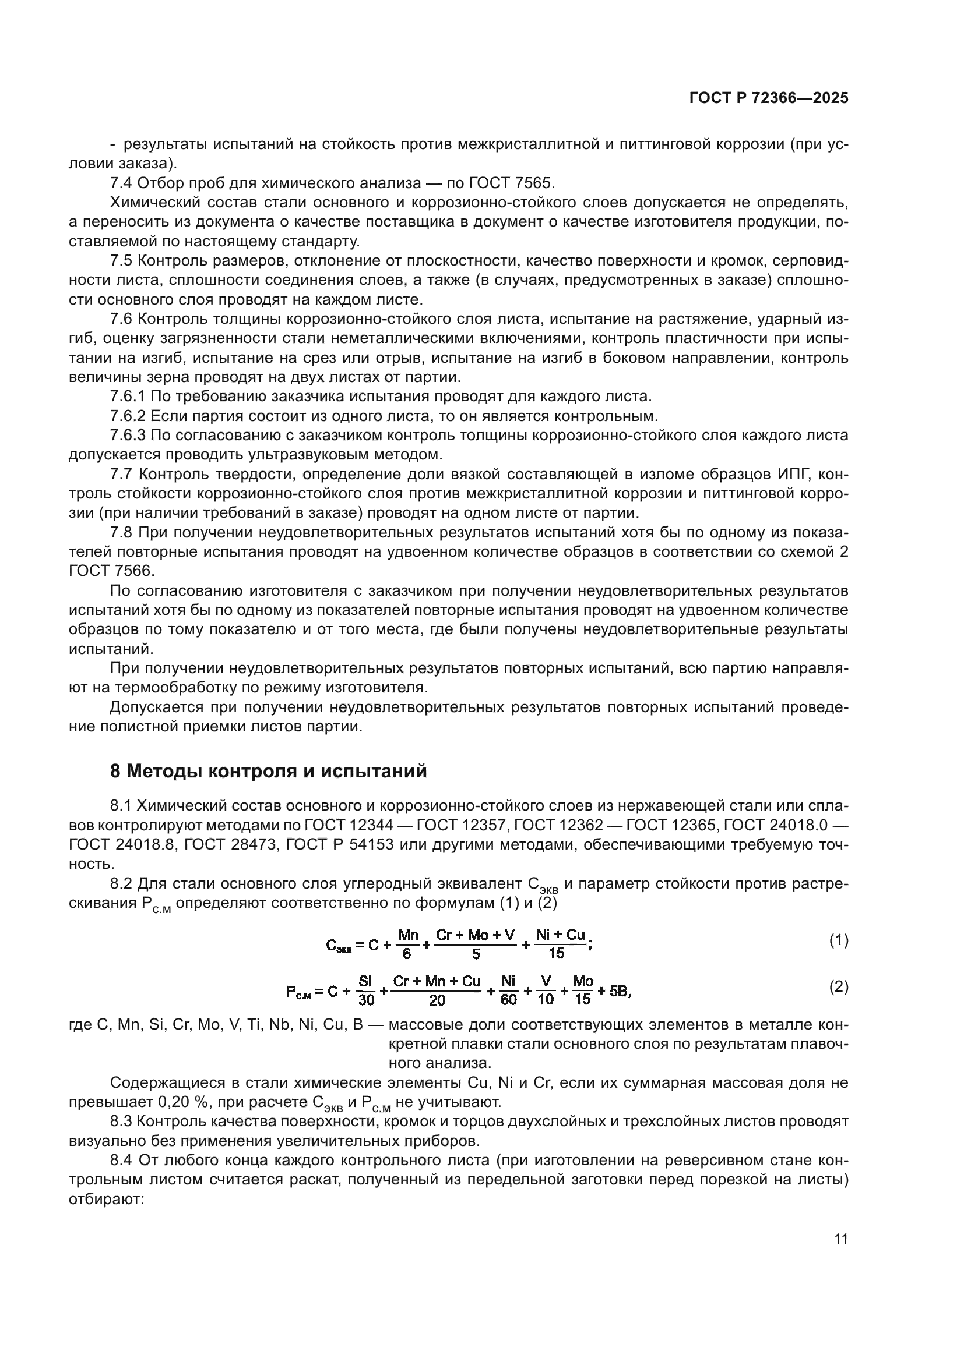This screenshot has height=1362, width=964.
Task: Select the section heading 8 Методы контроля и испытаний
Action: click(268, 771)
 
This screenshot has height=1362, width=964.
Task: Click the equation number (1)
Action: click(838, 940)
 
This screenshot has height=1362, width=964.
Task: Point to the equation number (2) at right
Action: click(838, 987)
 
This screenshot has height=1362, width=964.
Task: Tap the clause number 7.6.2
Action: click(128, 415)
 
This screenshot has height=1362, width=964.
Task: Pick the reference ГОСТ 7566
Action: click(111, 571)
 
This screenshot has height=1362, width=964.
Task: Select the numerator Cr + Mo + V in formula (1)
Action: click(475, 935)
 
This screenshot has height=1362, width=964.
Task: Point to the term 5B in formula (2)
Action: click(620, 991)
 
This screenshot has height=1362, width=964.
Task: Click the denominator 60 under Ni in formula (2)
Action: click(509, 1000)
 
